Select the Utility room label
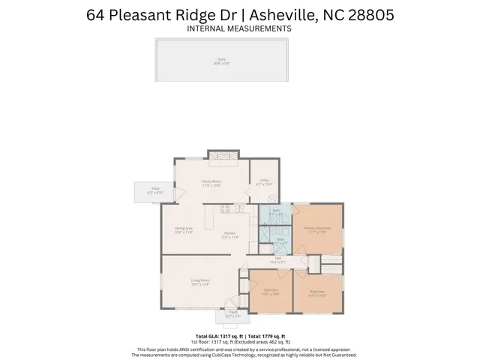(x=265, y=181)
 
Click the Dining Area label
(x=184, y=229)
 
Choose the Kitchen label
(x=229, y=235)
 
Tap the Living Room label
(x=199, y=281)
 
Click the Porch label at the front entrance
(x=233, y=314)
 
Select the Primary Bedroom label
(x=318, y=229)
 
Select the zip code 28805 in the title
(x=368, y=14)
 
